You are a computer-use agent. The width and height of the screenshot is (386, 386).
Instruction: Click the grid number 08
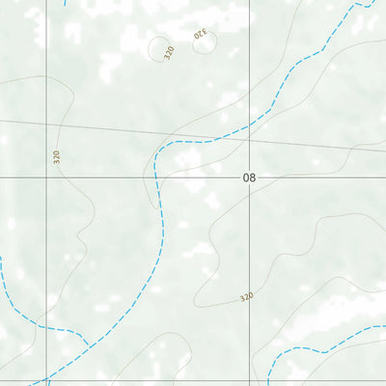coord(250,179)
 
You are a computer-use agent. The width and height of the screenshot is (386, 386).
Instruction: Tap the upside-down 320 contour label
coord(201,35)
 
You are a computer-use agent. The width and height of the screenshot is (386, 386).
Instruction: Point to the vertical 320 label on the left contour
coord(56,157)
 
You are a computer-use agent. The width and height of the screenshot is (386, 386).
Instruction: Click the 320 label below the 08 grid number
coord(246,298)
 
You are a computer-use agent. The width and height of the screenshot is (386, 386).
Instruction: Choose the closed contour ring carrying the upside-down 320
coord(205,41)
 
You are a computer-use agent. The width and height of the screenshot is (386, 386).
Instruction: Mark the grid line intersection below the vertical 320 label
coord(46,179)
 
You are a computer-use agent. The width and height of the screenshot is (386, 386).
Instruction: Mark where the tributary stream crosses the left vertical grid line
coord(46,327)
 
